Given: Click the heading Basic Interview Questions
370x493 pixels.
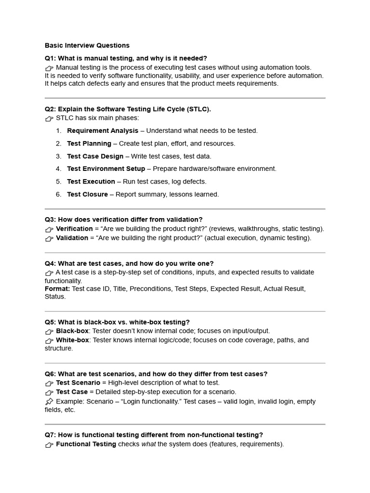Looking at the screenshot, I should [x=87, y=46].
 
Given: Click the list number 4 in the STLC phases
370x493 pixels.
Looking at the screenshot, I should [x=58, y=169].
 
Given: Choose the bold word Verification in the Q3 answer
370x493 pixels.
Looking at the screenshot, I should [x=74, y=229].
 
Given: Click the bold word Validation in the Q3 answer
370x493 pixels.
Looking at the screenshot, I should [x=72, y=238].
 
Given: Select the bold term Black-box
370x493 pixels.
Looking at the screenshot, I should [x=72, y=331].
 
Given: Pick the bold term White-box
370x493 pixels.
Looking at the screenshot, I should [x=73, y=340].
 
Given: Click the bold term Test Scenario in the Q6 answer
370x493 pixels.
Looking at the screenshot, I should [x=78, y=383].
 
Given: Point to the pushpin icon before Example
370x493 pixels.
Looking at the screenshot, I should [x=49, y=402].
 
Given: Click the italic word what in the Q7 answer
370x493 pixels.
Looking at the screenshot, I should [x=148, y=444].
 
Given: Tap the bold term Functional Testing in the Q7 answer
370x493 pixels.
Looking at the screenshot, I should [x=86, y=444].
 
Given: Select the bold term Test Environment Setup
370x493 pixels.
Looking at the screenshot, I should [x=106, y=169].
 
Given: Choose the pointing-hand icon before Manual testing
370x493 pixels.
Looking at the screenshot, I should [x=49, y=68].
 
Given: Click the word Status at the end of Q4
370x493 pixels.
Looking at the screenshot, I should [x=54, y=297].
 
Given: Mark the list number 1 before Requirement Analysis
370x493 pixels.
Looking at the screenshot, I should [x=58, y=130].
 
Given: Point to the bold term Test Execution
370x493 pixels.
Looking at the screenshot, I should [x=91, y=182].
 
